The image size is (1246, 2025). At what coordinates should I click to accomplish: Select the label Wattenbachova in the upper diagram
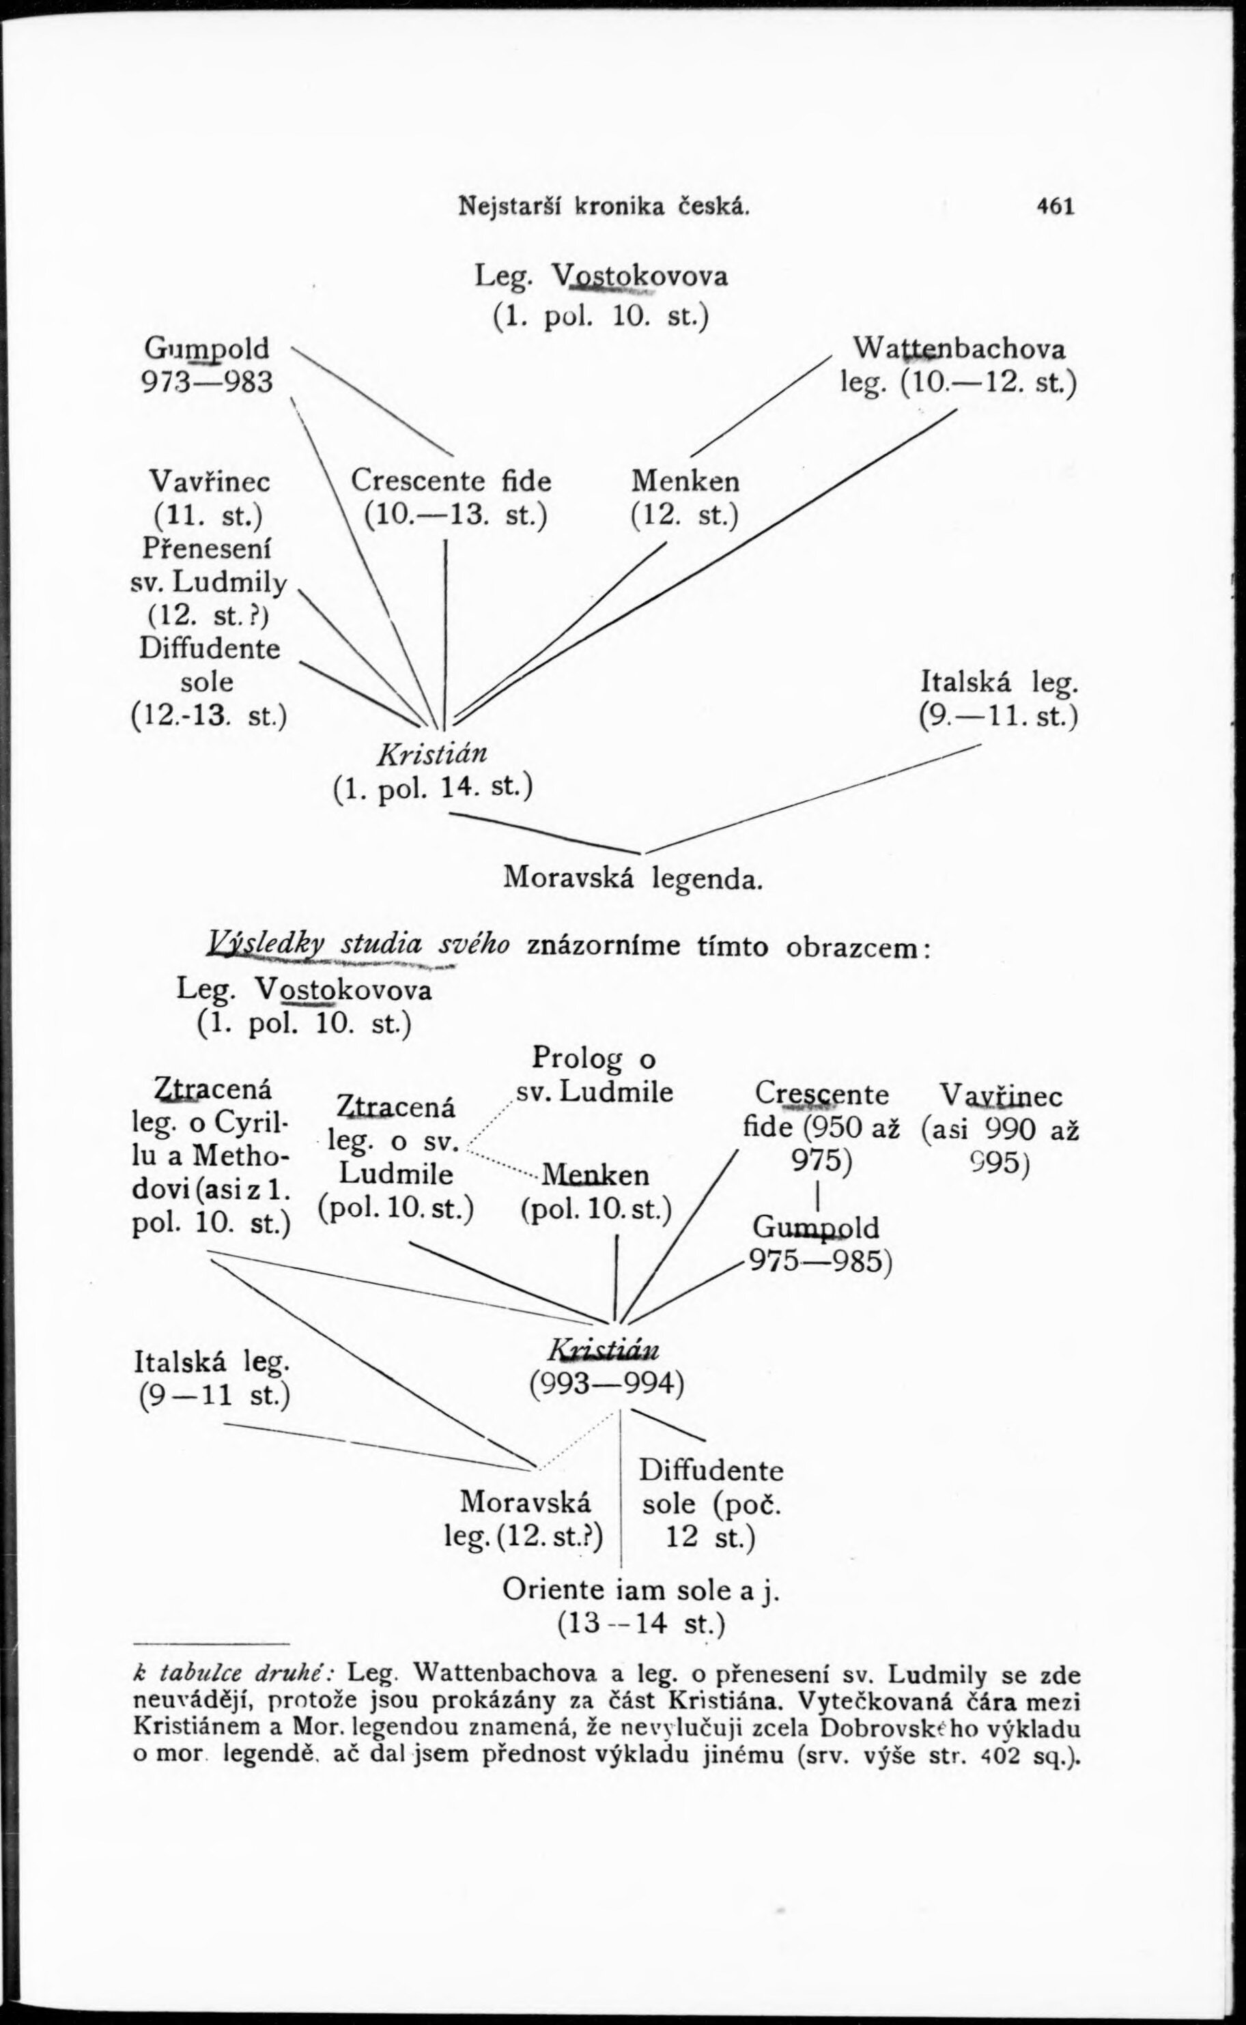pyautogui.click(x=960, y=349)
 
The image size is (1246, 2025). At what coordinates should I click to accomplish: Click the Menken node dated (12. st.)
pyautogui.click(x=685, y=480)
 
